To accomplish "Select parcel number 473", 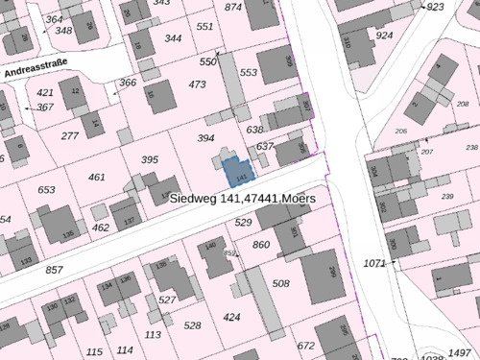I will point(198,85).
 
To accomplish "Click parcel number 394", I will point(205,138).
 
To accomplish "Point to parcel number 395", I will point(149,159).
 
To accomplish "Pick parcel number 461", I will point(96,177).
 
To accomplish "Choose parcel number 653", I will point(47,190).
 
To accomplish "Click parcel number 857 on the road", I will point(55,270).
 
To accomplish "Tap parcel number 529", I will point(243,223).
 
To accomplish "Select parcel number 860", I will point(261,246).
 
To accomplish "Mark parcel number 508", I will point(280,283).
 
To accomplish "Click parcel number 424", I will point(231,317).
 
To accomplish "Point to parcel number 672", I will point(305,346).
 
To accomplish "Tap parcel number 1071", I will point(374,262).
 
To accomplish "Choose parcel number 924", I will point(384,36).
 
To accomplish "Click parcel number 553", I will point(249,73).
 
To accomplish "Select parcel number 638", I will point(254,130).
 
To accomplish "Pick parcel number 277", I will point(69,136).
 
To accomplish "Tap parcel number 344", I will point(173,38).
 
